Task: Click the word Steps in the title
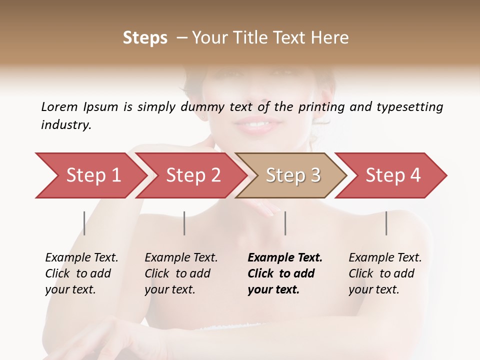(145, 38)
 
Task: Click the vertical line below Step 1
(84, 223)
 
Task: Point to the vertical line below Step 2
(184, 223)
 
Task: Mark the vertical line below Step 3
(285, 223)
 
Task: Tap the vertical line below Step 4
(386, 223)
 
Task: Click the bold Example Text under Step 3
(285, 258)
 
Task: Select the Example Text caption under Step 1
(81, 258)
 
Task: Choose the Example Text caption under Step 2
(181, 258)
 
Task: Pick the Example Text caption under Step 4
(385, 258)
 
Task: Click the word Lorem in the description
(59, 106)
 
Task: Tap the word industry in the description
(66, 124)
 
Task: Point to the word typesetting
(409, 107)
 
